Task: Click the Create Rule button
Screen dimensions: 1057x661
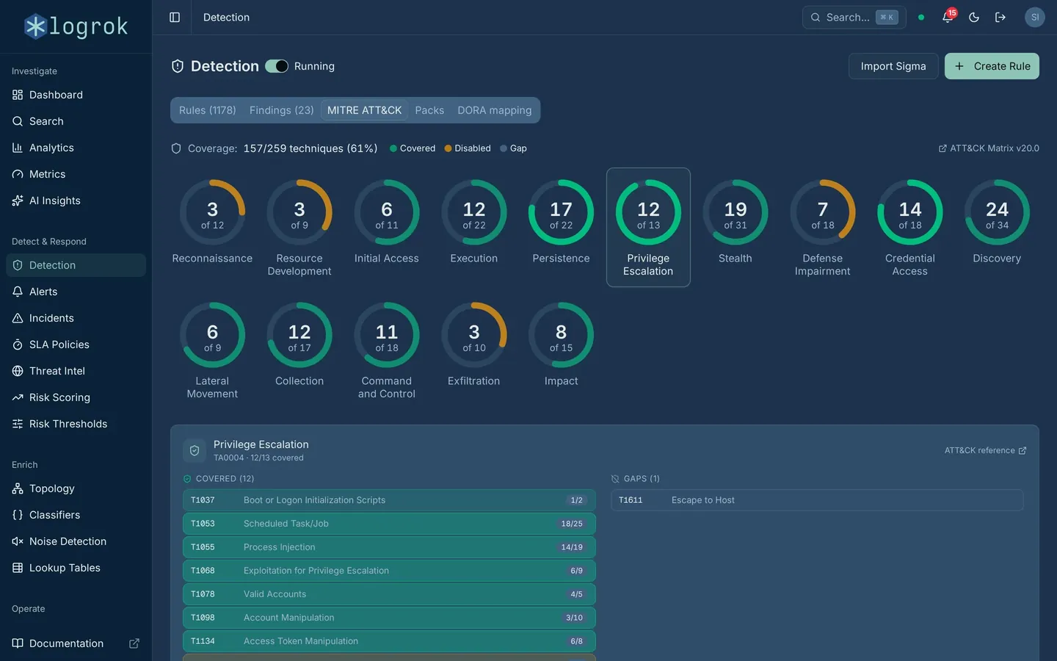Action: (x=992, y=66)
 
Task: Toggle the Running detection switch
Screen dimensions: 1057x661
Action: (x=277, y=66)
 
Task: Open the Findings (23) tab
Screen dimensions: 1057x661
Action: (x=281, y=110)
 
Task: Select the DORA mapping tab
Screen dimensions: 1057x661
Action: (x=494, y=110)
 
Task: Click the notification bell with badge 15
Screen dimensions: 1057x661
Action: (x=948, y=17)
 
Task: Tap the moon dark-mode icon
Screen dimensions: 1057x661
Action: (x=974, y=18)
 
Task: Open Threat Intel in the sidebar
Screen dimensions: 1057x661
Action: (x=57, y=371)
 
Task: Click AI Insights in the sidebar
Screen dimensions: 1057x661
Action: (x=55, y=201)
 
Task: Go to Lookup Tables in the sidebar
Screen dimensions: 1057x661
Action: (x=65, y=568)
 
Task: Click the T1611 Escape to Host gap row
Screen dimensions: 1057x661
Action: (x=817, y=500)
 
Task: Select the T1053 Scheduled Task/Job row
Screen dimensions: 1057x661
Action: (x=389, y=524)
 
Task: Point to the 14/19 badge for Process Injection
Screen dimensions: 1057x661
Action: (x=571, y=547)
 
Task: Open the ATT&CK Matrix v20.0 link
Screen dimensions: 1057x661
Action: (x=989, y=148)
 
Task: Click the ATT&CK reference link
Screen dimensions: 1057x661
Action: (x=985, y=450)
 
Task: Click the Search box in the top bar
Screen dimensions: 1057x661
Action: (x=854, y=18)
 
